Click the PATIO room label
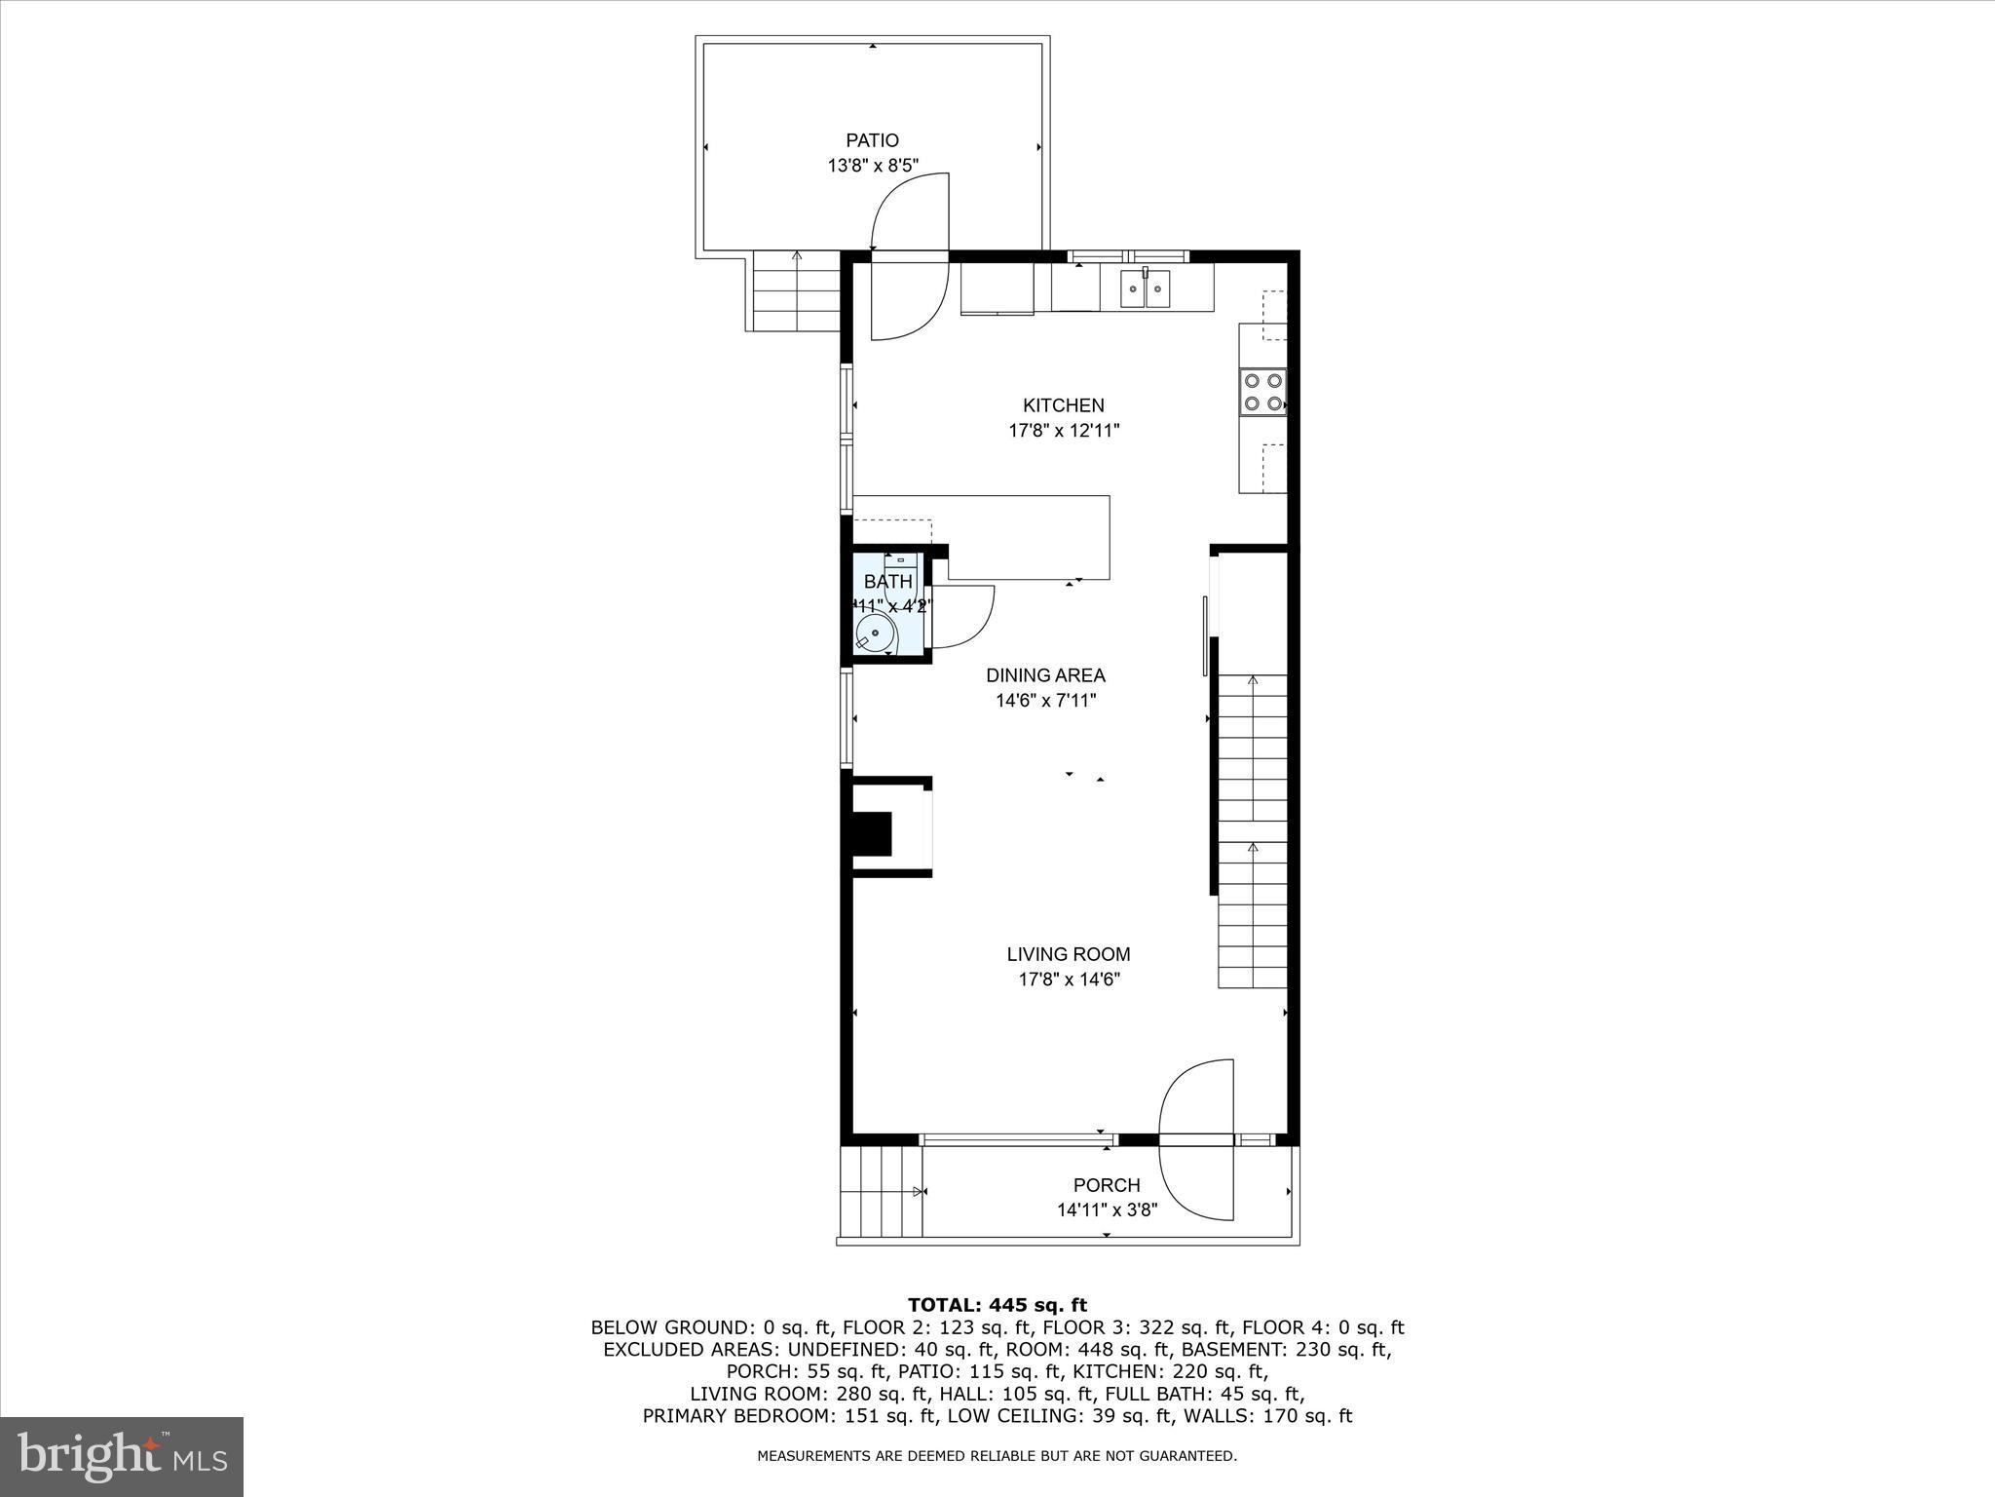point(872,140)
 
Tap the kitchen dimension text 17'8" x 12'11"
point(1064,431)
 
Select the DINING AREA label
point(1045,674)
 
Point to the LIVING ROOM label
point(1069,954)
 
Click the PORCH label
point(1107,1185)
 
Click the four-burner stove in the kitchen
point(1262,392)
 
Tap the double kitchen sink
point(1145,288)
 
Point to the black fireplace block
point(872,833)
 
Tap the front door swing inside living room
point(1194,1096)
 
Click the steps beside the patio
point(797,291)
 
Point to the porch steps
point(881,1191)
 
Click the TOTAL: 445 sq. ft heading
point(997,1305)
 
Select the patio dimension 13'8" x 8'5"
point(873,166)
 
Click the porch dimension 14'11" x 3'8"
point(1107,1210)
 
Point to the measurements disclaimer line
point(997,1456)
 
